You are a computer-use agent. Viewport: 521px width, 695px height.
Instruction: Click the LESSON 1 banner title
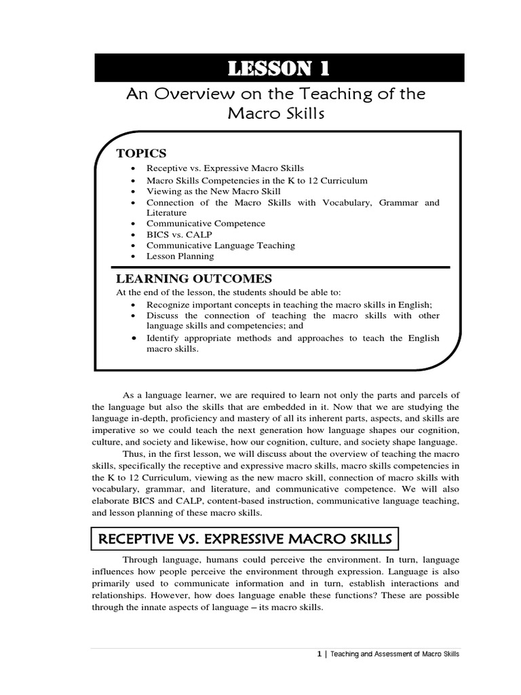pos(279,69)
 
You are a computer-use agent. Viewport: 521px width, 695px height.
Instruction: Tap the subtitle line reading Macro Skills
pos(275,113)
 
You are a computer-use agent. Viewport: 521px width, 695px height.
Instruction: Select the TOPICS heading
pos(141,153)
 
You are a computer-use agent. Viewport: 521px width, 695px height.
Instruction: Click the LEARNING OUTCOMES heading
pos(194,279)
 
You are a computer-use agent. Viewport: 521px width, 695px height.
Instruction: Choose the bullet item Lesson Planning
pos(180,256)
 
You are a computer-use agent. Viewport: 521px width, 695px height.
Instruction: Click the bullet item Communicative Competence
pos(206,223)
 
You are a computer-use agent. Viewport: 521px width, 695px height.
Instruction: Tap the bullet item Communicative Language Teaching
pos(220,245)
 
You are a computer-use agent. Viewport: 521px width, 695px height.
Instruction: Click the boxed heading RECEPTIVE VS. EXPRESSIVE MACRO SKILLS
pos(245,540)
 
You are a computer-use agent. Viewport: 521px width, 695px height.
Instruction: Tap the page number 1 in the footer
pos(319,654)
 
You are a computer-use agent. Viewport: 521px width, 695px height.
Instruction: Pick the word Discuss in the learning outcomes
pos(163,316)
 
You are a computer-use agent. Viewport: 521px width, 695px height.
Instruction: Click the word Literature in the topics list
pos(167,212)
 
